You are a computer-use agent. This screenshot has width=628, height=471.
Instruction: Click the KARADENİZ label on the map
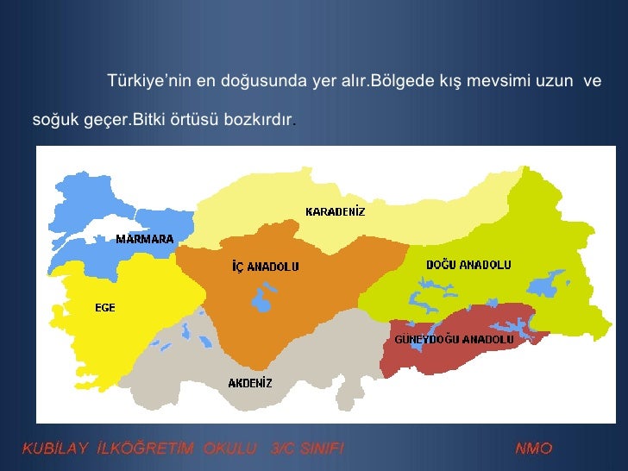pyautogui.click(x=336, y=211)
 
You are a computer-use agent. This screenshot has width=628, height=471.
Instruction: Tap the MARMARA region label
pyautogui.click(x=145, y=239)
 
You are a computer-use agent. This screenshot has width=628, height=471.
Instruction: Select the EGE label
pyautogui.click(x=104, y=308)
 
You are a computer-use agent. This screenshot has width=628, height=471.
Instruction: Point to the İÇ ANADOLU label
pyautogui.click(x=266, y=267)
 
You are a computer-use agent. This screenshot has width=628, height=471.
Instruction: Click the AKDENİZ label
pyautogui.click(x=250, y=382)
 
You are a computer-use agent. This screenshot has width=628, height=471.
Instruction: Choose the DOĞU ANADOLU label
pyautogui.click(x=469, y=264)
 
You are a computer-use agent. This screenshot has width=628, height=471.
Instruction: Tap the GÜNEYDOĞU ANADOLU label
pyautogui.click(x=454, y=339)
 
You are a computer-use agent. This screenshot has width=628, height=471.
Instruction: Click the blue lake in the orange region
pyautogui.click(x=260, y=302)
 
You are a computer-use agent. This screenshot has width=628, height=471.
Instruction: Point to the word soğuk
pyautogui.click(x=51, y=118)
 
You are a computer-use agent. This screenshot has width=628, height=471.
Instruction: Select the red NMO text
pyautogui.click(x=534, y=448)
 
